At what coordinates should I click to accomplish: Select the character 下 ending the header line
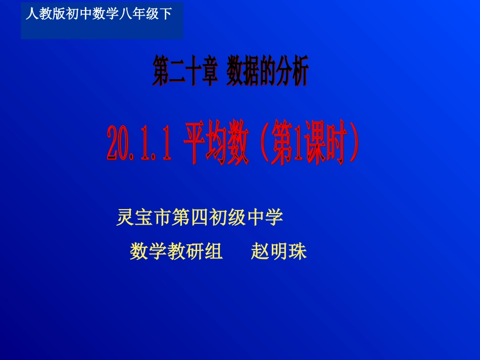pyautogui.click(x=166, y=14)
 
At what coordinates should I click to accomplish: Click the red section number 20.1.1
pyautogui.click(x=138, y=143)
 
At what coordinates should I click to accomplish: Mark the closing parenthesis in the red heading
pyautogui.click(x=354, y=143)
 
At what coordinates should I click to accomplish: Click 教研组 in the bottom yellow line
pyautogui.click(x=195, y=251)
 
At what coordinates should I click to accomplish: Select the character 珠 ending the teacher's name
pyautogui.click(x=298, y=251)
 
